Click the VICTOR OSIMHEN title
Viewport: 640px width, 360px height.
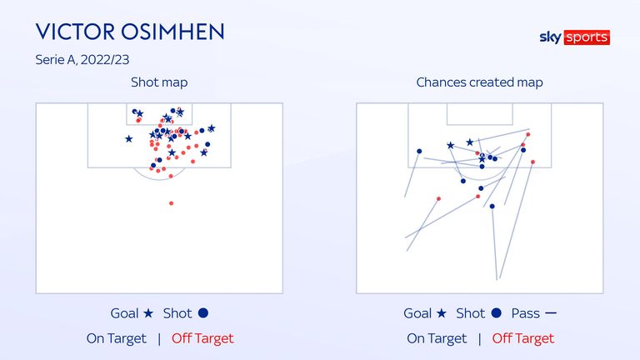[x=130, y=32]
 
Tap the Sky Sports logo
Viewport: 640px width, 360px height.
[x=575, y=37]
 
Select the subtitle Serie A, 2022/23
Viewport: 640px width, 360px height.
[x=82, y=60]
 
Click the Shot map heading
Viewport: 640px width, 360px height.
[x=159, y=82]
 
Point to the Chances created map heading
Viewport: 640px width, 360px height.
[x=480, y=82]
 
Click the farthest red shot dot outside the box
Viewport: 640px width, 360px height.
[x=171, y=203]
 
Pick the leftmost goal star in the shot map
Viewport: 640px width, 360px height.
[x=128, y=139]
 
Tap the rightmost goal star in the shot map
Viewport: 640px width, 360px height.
[x=212, y=128]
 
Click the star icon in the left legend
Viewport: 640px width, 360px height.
[x=148, y=313]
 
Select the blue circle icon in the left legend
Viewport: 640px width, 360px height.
[x=203, y=313]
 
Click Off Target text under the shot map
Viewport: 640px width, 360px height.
[x=202, y=338]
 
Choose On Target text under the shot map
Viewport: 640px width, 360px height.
[x=117, y=338]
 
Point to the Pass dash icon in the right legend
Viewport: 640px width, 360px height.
[x=551, y=313]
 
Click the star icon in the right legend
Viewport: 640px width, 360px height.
[x=441, y=313]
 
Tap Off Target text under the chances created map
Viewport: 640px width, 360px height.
[x=522, y=338]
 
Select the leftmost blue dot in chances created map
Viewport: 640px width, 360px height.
[x=419, y=152]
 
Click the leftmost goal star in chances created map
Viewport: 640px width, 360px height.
[x=450, y=145]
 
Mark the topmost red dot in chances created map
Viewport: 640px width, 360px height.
[x=528, y=134]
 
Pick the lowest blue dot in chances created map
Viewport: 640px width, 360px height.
[x=492, y=207]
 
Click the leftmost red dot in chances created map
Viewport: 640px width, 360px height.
[x=439, y=199]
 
